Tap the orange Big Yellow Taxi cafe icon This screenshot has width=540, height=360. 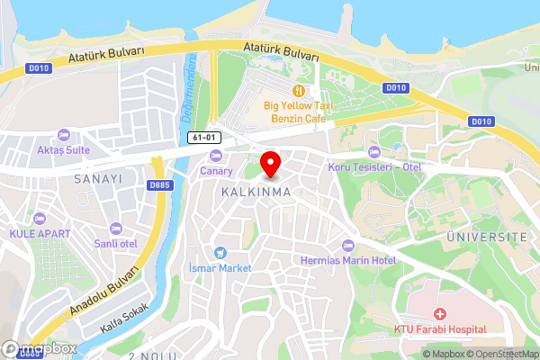(298, 90)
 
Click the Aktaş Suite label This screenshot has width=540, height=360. (63, 149)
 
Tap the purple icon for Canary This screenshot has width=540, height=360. (215, 157)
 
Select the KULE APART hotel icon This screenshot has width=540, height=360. (39, 219)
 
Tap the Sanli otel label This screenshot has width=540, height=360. (116, 243)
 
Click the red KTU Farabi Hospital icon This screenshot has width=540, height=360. (440, 314)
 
